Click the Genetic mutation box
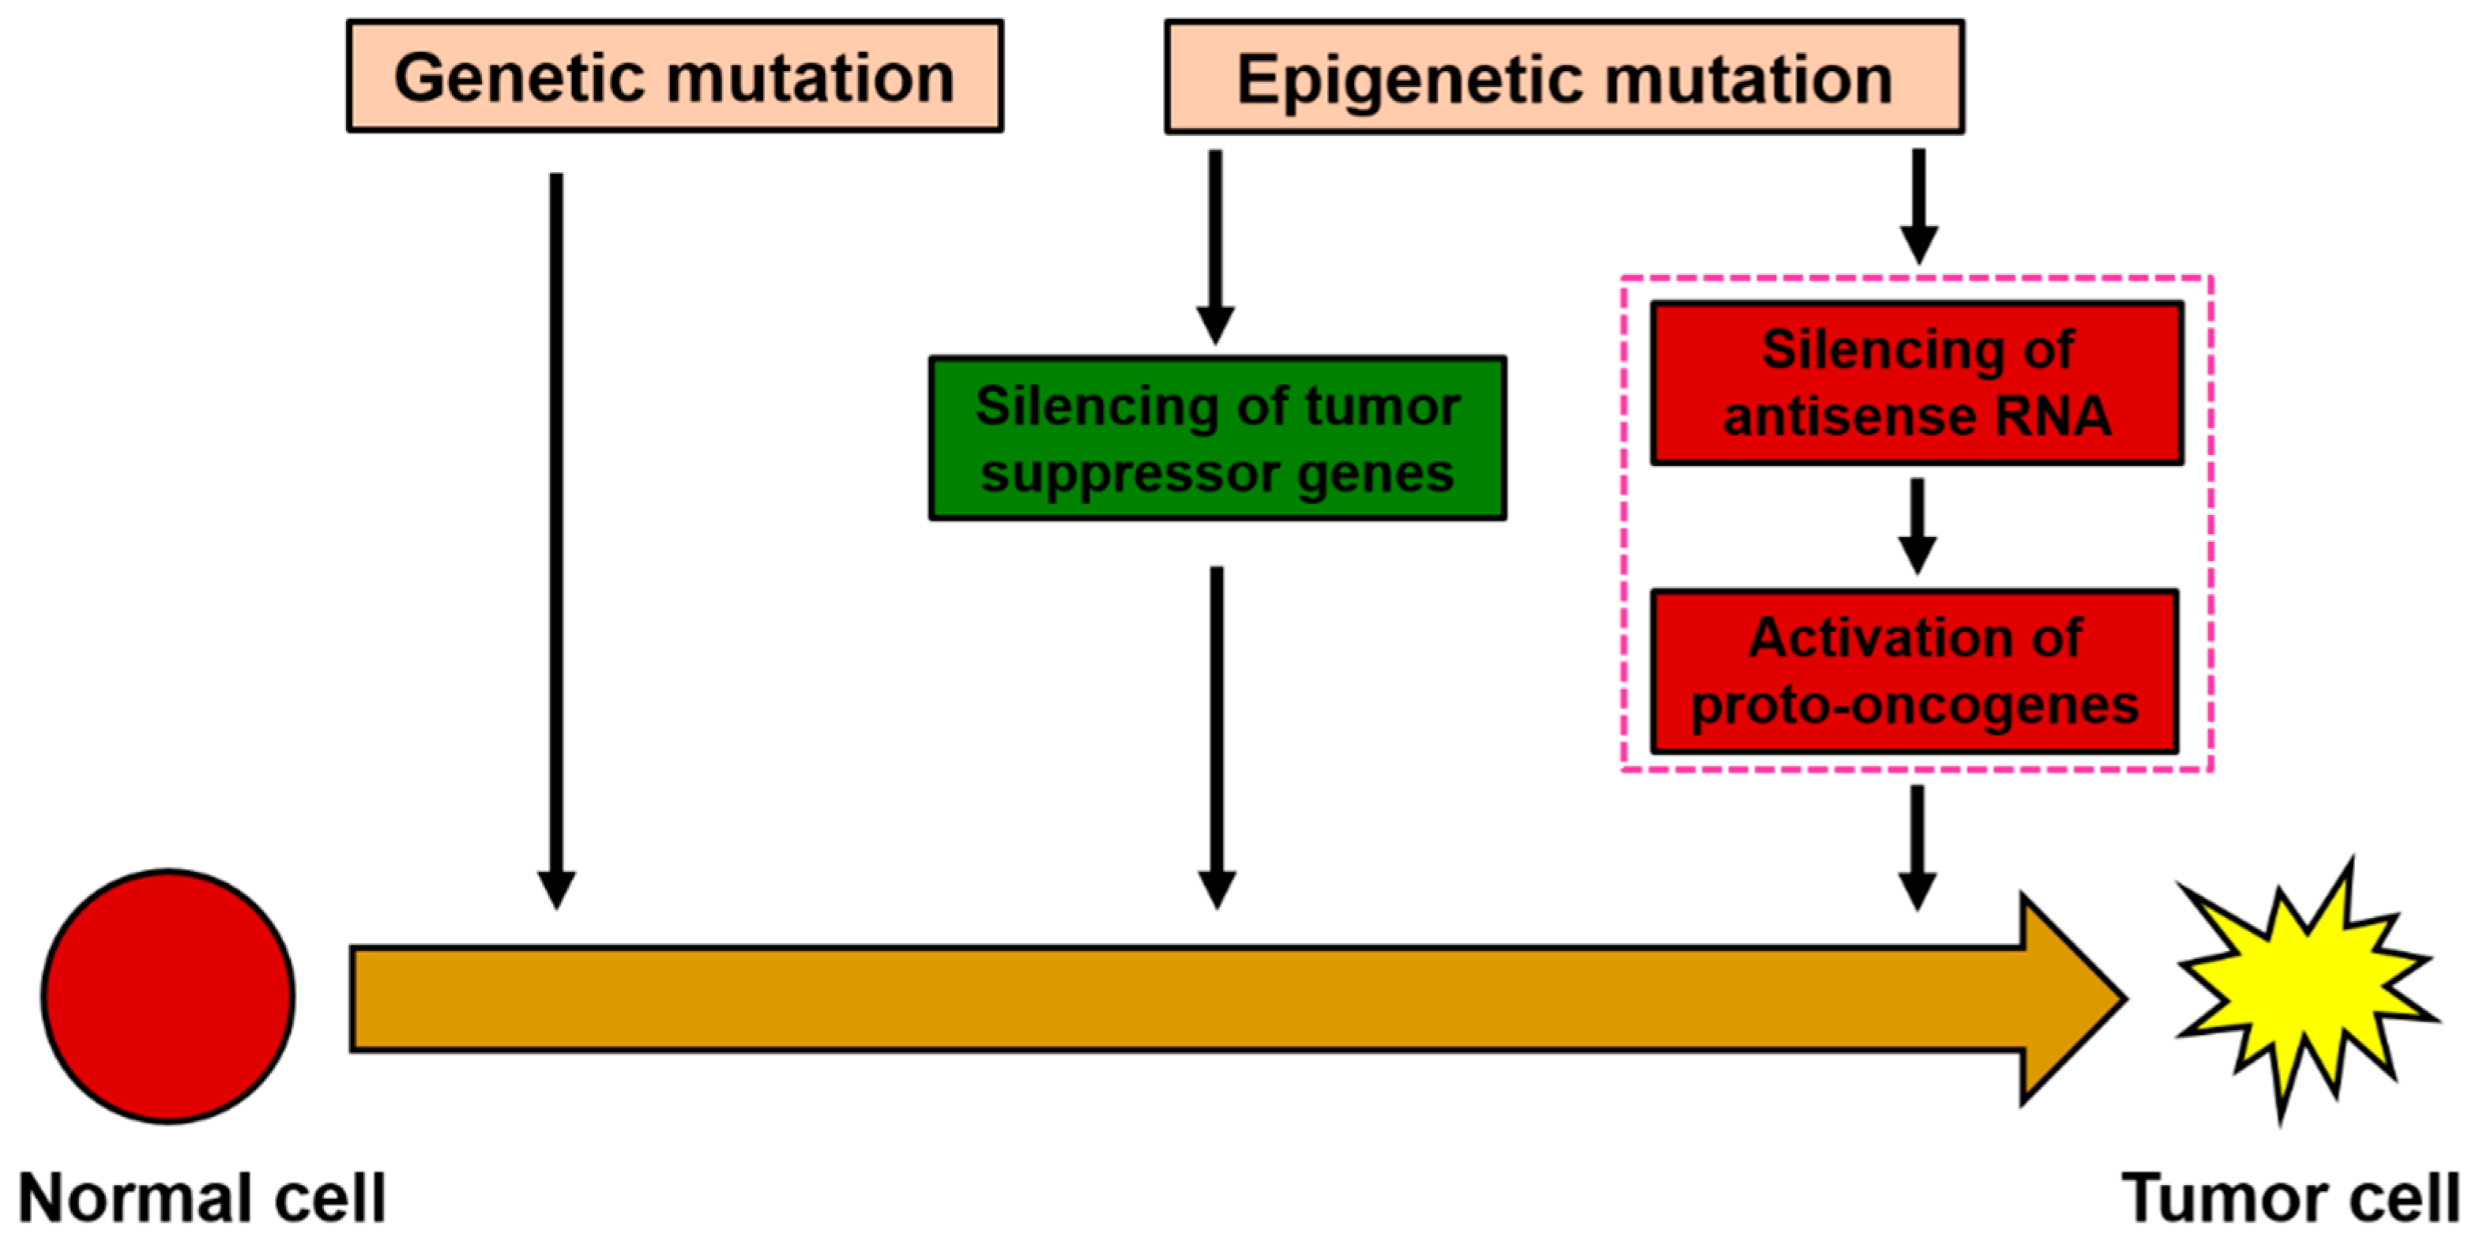675,77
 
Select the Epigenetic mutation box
1563,77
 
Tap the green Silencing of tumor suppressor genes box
1217,438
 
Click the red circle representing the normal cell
168,996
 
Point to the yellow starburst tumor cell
2307,990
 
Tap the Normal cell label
201,1198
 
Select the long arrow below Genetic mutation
556,538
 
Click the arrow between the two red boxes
1917,527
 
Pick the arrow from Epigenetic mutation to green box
1216,245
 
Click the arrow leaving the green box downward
1217,735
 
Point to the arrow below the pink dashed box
1917,846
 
